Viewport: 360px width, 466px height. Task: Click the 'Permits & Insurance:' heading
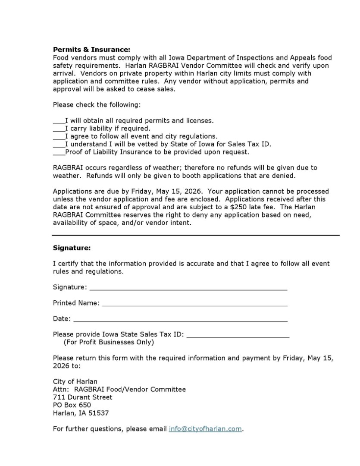tap(91, 50)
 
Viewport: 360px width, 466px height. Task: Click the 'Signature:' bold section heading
tap(72, 248)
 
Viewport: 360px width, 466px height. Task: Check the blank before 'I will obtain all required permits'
tap(59, 121)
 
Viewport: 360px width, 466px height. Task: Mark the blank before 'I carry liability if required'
tap(59, 129)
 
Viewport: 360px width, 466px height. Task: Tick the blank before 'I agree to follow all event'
tap(59, 136)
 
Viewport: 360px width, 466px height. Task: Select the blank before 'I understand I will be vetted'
tap(59, 144)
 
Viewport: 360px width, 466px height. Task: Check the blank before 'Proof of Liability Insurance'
tap(59, 152)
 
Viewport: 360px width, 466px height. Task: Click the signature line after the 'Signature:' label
tap(188, 288)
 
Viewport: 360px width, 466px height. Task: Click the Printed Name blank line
tap(194, 303)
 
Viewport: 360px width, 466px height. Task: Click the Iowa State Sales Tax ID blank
tap(238, 335)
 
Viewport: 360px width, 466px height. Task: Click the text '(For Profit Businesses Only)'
tap(108, 343)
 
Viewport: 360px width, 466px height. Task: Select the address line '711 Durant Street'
tap(82, 397)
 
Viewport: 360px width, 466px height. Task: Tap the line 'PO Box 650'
tap(72, 405)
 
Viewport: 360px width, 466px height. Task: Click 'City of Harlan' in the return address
tap(75, 382)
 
